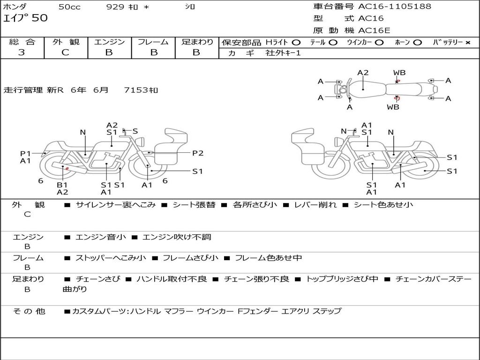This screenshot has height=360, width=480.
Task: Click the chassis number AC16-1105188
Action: point(395,6)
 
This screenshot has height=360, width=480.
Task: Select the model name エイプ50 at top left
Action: point(25,18)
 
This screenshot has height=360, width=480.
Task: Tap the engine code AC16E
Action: point(374,30)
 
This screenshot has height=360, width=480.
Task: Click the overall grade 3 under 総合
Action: point(22,52)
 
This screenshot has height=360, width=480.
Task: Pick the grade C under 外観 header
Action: point(65,52)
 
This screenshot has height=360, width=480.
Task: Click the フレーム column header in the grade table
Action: point(153,42)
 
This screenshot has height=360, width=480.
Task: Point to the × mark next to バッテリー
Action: point(468,43)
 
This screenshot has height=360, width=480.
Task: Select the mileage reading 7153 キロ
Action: point(141,90)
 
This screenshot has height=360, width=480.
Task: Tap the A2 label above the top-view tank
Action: point(363,73)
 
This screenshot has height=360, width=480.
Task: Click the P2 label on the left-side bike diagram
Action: point(198,153)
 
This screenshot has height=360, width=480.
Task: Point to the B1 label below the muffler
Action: point(62,185)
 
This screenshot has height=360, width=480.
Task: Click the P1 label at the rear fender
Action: point(25,153)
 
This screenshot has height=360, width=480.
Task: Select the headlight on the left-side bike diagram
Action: point(141,142)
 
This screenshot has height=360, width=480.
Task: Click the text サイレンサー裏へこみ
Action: point(116,205)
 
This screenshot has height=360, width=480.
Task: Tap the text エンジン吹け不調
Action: point(177,237)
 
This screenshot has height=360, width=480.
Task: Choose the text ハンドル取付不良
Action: point(172,279)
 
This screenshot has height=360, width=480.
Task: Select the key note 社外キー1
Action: point(283,53)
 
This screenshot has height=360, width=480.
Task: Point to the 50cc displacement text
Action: point(69,7)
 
